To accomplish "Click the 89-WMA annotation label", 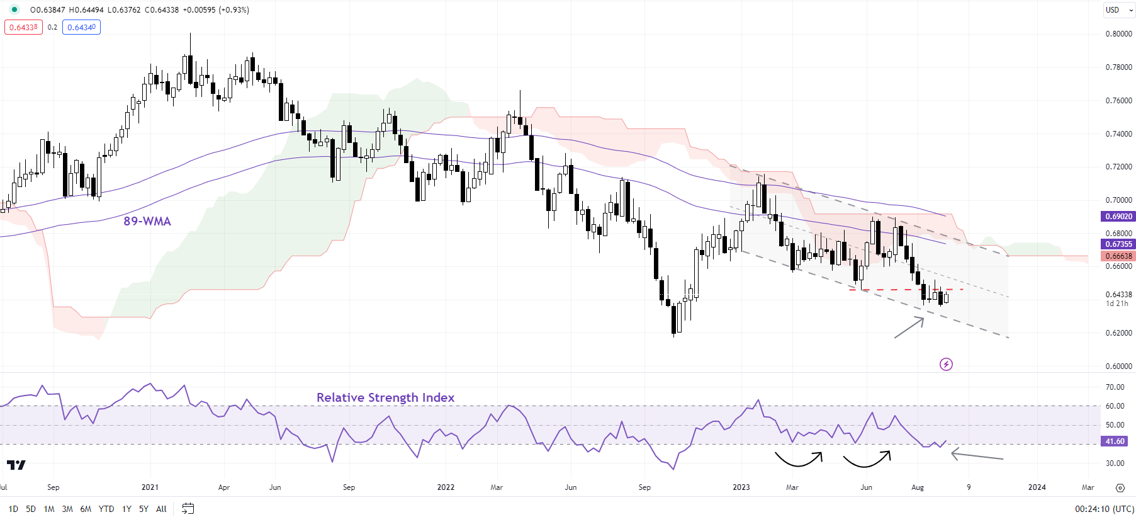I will pos(147,221).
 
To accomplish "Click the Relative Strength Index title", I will pos(385,397).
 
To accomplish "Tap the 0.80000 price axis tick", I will pos(1118,34).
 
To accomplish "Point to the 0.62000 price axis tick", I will pos(1118,333).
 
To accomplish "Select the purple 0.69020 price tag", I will pos(1118,217).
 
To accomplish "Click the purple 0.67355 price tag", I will pos(1118,244).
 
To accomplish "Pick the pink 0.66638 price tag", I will pos(1118,256).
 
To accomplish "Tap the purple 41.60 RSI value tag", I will pos(1115,441).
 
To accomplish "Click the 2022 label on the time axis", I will pos(446,487).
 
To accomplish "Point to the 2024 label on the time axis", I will pos(1037,487).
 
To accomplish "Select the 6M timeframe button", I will pos(86,509).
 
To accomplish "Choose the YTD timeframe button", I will pos(106,509).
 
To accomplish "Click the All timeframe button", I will pos(161,509).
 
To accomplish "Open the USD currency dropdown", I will pos(1119,10).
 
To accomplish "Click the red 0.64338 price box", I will pos(23,28).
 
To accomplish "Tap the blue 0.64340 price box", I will pos(81,28).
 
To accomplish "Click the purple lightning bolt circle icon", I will pos(946,364).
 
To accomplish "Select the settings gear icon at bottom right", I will pos(1120,488).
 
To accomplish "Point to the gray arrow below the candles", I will pos(909,327).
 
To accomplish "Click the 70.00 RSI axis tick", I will pos(1115,387).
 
